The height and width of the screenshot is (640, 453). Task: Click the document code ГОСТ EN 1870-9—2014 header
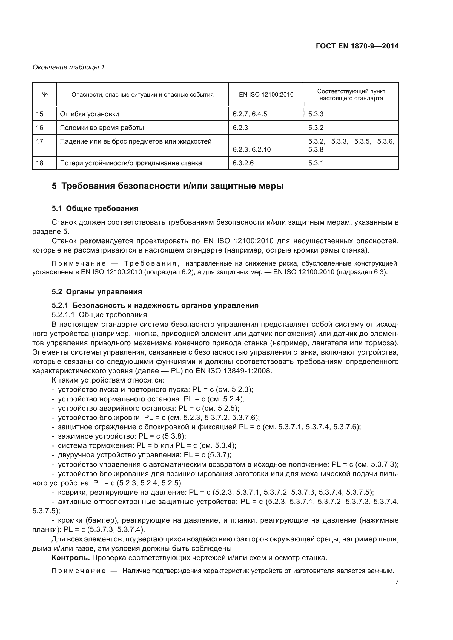(357, 46)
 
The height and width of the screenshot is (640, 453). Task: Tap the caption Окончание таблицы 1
(68, 67)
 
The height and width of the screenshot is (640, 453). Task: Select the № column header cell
(44, 94)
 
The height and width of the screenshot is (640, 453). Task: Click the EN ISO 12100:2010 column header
(266, 94)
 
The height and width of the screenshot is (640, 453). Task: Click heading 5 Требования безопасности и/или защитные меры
(167, 186)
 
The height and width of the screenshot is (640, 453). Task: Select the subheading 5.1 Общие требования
(95, 208)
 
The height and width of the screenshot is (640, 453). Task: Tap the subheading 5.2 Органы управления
(97, 292)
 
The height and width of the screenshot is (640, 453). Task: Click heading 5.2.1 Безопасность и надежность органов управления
(155, 306)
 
